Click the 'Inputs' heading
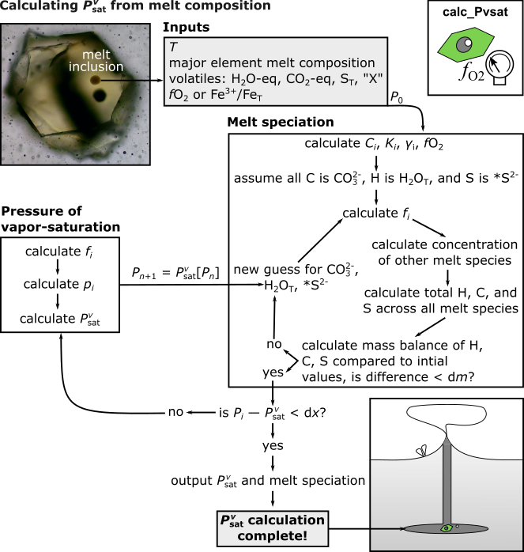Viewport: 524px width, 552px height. [x=187, y=27]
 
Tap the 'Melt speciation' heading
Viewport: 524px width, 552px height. [x=281, y=122]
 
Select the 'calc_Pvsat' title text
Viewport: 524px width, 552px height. [x=475, y=13]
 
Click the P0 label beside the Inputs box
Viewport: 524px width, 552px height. [x=397, y=97]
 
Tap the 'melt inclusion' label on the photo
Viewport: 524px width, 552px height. [x=96, y=61]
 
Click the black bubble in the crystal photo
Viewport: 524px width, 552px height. [x=100, y=95]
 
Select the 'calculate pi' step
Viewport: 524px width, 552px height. [x=58, y=285]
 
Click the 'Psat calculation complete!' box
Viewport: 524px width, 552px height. [x=273, y=528]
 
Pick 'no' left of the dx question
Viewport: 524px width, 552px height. [x=175, y=412]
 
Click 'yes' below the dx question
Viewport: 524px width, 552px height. [x=273, y=446]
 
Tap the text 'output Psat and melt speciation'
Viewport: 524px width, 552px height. [x=268, y=481]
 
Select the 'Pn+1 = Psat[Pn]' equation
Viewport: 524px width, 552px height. [x=175, y=273]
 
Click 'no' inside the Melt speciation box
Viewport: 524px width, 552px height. [x=274, y=344]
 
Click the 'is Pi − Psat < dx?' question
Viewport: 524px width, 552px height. [x=273, y=413]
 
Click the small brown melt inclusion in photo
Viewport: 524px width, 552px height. [x=95, y=80]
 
